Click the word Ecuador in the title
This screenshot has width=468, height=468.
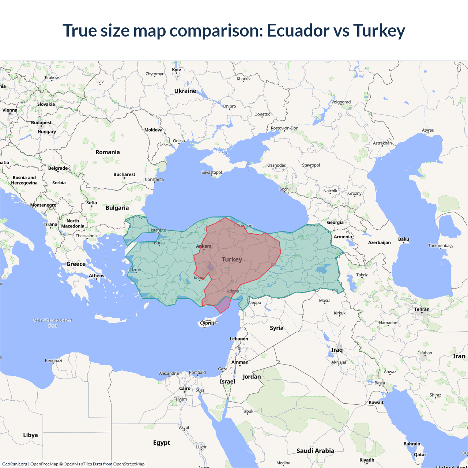pyautogui.click(x=298, y=30)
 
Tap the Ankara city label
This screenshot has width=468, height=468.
pyautogui.click(x=204, y=246)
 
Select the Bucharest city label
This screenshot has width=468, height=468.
pyautogui.click(x=124, y=174)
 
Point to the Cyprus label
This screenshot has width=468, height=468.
pyautogui.click(x=207, y=323)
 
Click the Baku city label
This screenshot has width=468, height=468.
pyautogui.click(x=404, y=239)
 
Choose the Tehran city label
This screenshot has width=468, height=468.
pyautogui.click(x=422, y=309)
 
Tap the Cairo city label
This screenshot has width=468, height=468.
pyautogui.click(x=185, y=388)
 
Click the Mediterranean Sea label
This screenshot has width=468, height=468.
pyautogui.click(x=53, y=322)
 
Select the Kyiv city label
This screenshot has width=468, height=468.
pyautogui.click(x=177, y=69)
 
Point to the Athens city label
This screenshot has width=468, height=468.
pyautogui.click(x=97, y=276)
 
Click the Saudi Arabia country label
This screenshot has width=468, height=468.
pyautogui.click(x=315, y=451)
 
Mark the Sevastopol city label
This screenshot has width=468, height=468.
pyautogui.click(x=212, y=172)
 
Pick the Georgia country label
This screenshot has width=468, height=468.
pyautogui.click(x=335, y=222)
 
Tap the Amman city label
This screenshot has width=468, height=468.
pyautogui.click(x=240, y=362)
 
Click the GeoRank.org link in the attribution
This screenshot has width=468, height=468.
pyautogui.click(x=15, y=464)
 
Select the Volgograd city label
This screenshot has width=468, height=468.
pyautogui.click(x=341, y=102)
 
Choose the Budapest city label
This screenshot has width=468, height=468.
pyautogui.click(x=41, y=122)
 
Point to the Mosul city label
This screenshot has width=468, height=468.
pyautogui.click(x=325, y=301)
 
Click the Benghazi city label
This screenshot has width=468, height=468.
pyautogui.click(x=53, y=361)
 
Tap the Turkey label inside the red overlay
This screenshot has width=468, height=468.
pyautogui.click(x=232, y=259)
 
